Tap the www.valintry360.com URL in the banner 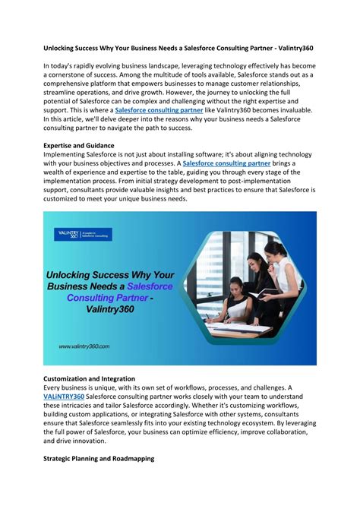(84, 346)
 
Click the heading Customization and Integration (90, 378)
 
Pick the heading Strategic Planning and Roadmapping (99, 459)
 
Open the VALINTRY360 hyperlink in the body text (64, 397)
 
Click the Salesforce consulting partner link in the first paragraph (158, 110)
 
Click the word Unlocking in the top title (64, 46)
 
